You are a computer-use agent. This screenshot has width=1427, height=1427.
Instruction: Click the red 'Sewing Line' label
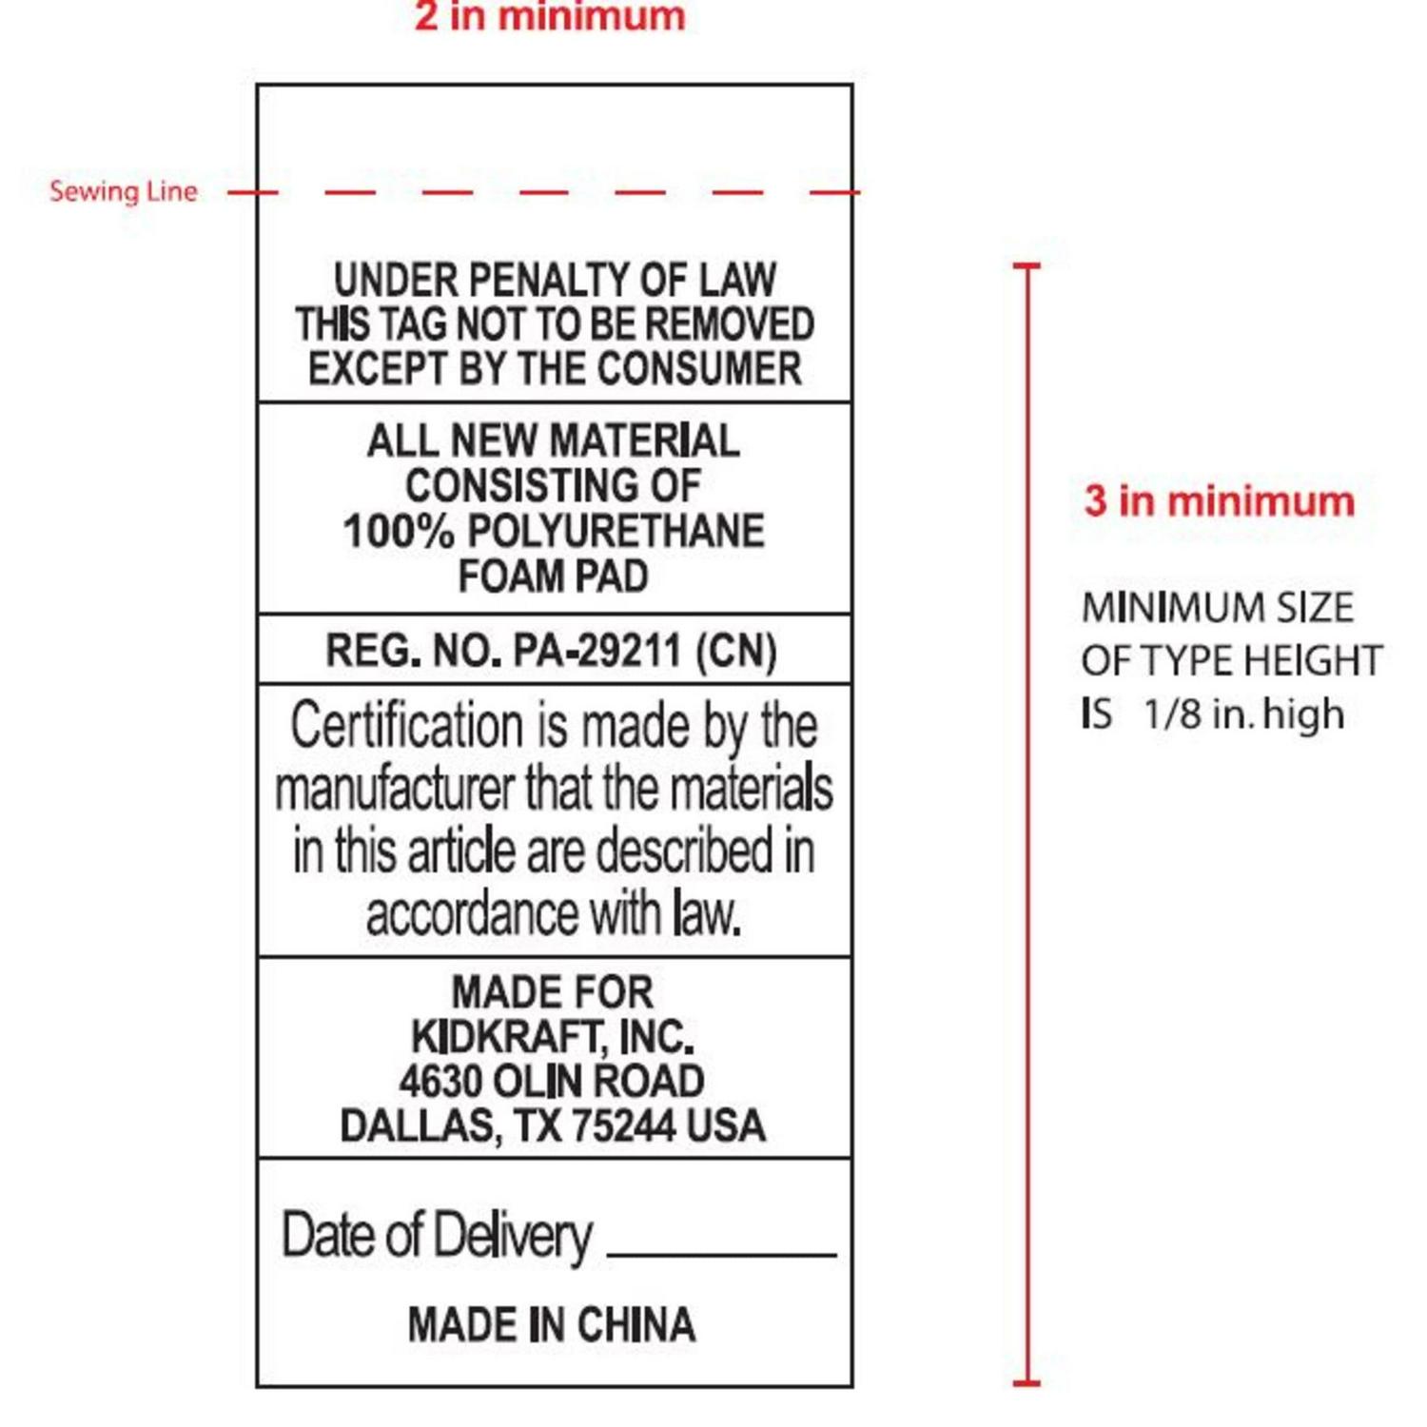(x=124, y=191)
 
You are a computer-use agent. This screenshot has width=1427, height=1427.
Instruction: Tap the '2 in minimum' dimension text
(x=550, y=16)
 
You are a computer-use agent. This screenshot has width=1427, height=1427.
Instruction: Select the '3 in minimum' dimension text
(x=1220, y=500)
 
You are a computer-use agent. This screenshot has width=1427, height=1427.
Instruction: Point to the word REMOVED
(x=730, y=323)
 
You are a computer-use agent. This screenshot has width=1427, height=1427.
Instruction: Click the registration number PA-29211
(x=597, y=651)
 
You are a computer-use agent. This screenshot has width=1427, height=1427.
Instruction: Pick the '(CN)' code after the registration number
(x=736, y=651)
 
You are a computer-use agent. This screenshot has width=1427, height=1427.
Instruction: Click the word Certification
(x=407, y=726)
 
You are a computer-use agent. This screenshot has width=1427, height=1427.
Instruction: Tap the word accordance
(x=472, y=914)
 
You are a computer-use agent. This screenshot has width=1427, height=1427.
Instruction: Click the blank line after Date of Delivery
(x=721, y=1256)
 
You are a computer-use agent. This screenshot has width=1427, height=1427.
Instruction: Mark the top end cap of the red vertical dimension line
(x=1027, y=265)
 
